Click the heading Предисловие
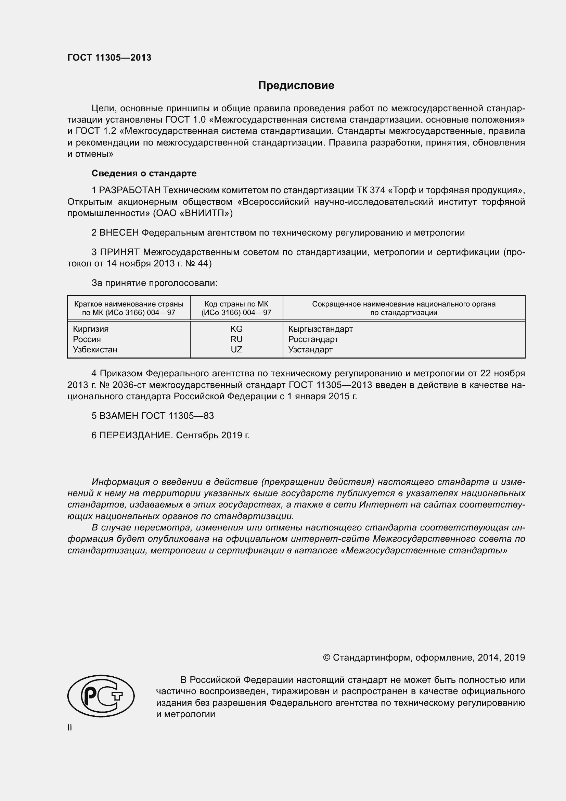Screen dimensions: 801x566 [x=296, y=86]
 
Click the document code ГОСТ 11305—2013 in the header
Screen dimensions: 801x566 [x=110, y=58]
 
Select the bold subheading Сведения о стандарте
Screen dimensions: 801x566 [x=144, y=173]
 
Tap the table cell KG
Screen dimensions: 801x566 [x=236, y=329]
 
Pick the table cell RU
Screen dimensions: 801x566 [x=236, y=339]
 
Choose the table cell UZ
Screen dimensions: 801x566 [x=236, y=350]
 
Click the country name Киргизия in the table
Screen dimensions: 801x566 [x=91, y=329]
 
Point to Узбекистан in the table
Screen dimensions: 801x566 [x=95, y=350]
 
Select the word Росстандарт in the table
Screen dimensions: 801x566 [x=313, y=339]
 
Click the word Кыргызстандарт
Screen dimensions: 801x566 [x=320, y=329]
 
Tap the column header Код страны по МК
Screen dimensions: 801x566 [x=236, y=304]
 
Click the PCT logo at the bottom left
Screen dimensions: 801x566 [x=101, y=696]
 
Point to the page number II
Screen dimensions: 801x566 [x=70, y=728]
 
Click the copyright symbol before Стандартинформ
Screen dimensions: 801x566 [x=326, y=658]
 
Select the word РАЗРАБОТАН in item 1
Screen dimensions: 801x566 [x=130, y=190]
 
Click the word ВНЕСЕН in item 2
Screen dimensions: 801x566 [x=119, y=233]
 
